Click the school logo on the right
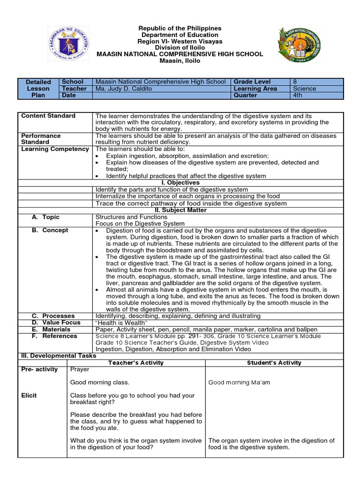pos(299,45)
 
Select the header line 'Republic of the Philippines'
pos(180,29)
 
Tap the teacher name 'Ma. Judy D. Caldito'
pos(124,89)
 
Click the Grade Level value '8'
pos(295,82)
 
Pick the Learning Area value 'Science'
pos(305,89)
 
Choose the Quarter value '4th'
pos(299,95)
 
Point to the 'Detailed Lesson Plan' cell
pos(38,89)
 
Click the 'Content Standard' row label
pos(48,116)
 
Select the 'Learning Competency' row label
pos(55,149)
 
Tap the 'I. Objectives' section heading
pos(180,182)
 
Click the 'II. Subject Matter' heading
pos(180,210)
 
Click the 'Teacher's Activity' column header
pos(136,362)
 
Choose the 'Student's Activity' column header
pos(274,362)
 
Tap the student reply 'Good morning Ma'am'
pos(239,382)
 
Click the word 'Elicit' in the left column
pos(29,395)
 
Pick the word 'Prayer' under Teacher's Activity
pos(80,369)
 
